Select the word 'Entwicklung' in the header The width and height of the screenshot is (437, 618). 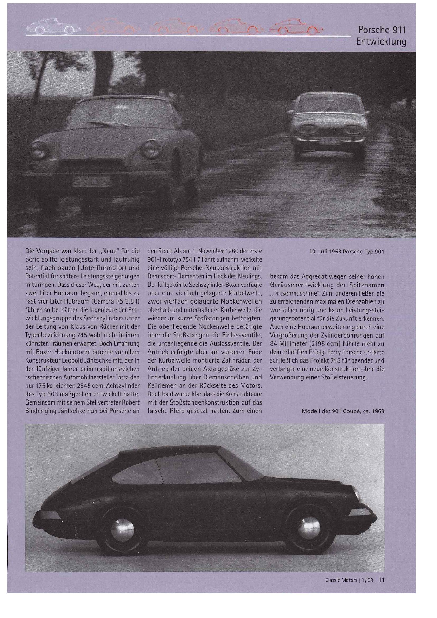(x=381, y=42)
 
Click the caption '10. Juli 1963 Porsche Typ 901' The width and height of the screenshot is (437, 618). (x=347, y=252)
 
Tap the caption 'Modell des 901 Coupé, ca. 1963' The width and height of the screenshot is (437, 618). (x=343, y=411)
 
